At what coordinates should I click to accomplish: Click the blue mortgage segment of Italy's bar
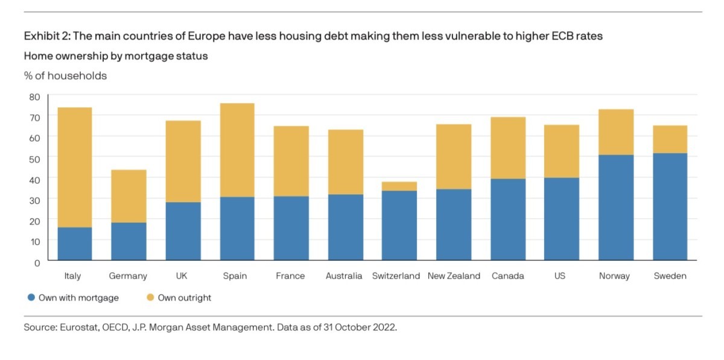(75, 243)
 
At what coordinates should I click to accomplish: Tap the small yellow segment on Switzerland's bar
(399, 186)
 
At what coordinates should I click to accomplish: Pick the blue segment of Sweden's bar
(670, 206)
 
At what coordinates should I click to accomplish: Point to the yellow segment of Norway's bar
(616, 132)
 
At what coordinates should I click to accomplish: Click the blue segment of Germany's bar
(129, 241)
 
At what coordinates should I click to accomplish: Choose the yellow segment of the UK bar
(183, 161)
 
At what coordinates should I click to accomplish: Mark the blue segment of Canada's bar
(507, 219)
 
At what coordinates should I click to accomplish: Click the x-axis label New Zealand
(454, 276)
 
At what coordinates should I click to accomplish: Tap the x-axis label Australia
(345, 276)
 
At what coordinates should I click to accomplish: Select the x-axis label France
(290, 276)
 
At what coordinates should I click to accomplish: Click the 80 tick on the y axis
(34, 96)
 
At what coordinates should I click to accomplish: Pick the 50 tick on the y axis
(34, 158)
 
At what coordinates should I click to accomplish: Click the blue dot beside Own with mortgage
(30, 298)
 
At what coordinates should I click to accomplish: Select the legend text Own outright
(184, 298)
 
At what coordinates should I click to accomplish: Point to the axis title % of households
(65, 76)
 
